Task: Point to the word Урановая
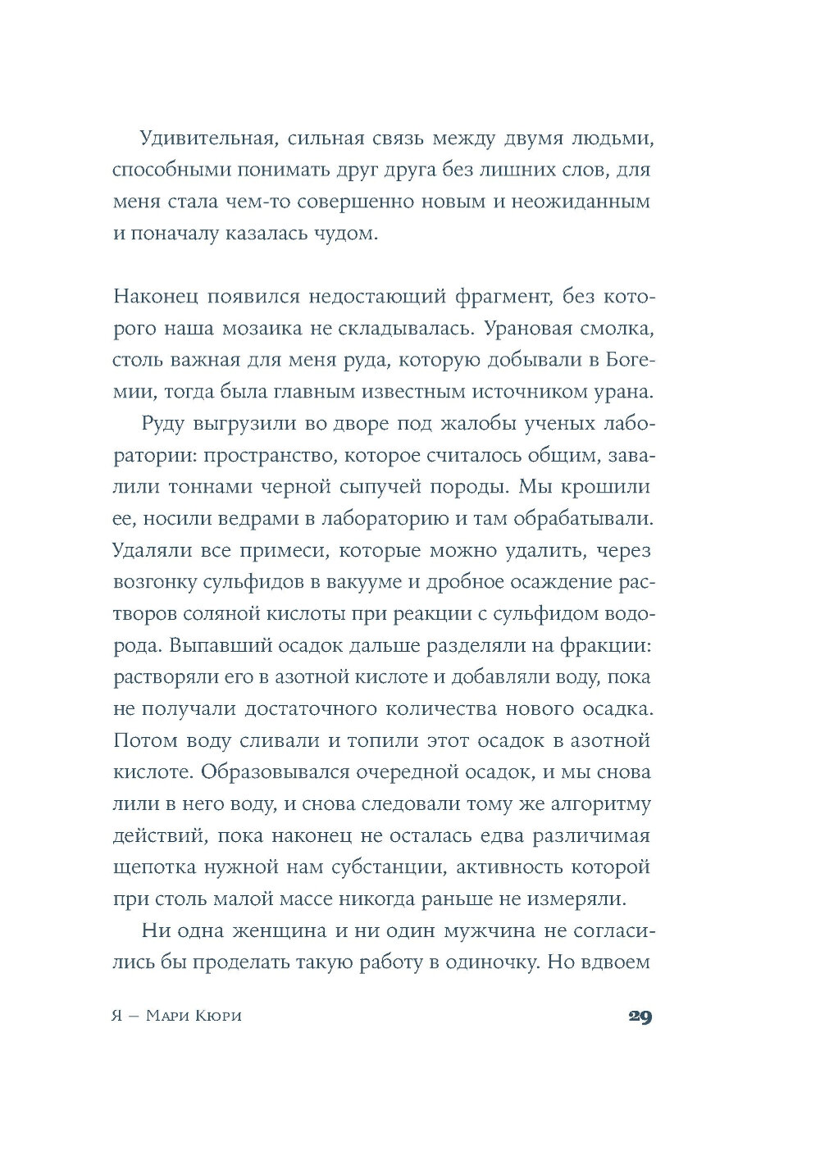click(532, 329)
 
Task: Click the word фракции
click(605, 645)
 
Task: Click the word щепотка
click(153, 867)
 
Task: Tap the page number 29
click(640, 1017)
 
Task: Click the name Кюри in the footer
click(217, 1017)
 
